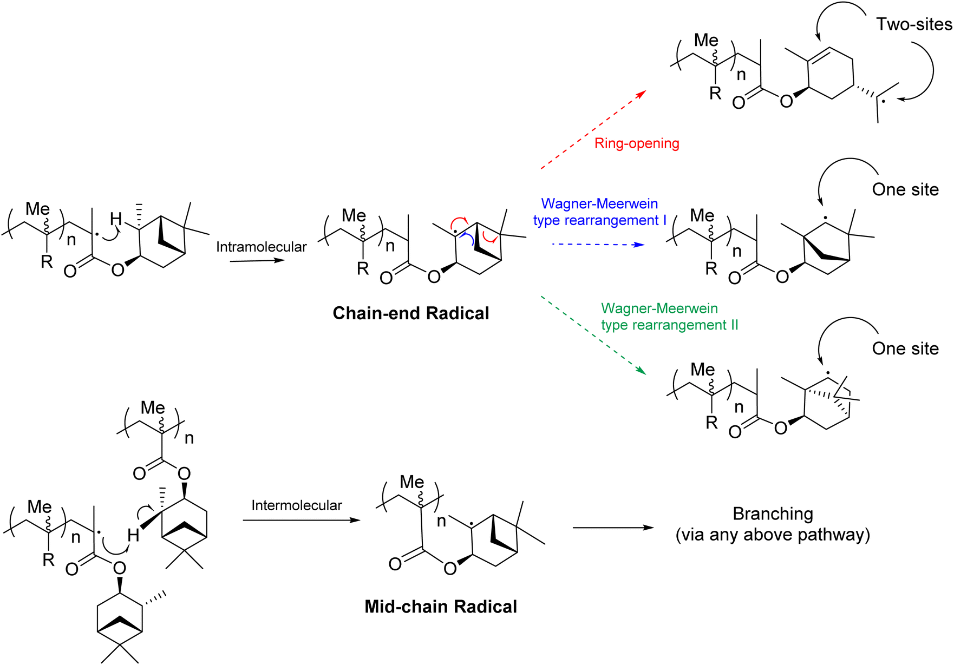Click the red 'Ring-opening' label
click(636, 143)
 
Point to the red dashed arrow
click(593, 130)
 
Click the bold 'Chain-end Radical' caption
click(410, 313)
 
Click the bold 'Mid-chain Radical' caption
click(440, 607)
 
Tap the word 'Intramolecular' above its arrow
click(261, 247)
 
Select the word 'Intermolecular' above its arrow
click(296, 505)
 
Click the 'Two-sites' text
click(914, 24)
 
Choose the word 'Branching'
click(773, 513)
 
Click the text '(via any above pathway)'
click(773, 535)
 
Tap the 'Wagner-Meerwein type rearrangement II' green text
click(669, 317)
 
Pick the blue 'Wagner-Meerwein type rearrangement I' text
click(599, 212)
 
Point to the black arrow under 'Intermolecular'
click(301, 520)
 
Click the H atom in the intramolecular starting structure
click(116, 219)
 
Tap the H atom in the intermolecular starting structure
click(133, 536)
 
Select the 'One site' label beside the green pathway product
click(905, 348)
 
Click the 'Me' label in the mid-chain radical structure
click(411, 482)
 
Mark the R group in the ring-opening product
click(715, 93)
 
